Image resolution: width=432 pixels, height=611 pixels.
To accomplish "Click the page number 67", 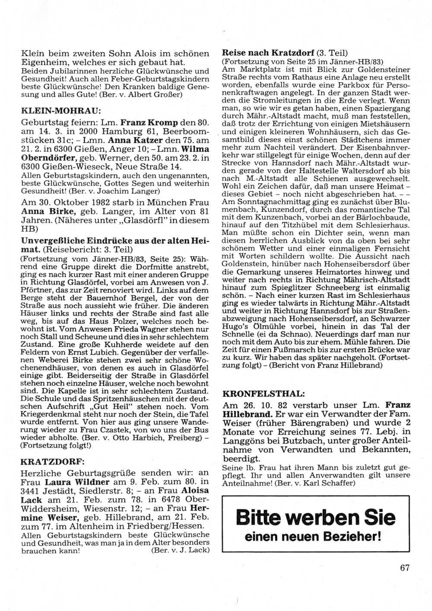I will [x=404, y=567].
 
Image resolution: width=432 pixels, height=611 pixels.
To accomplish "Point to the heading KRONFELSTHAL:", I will [x=263, y=394].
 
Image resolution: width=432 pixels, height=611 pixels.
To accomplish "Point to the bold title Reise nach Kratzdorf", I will [x=268, y=53].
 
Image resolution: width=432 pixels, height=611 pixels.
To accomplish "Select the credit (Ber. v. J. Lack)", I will [x=181, y=551].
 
